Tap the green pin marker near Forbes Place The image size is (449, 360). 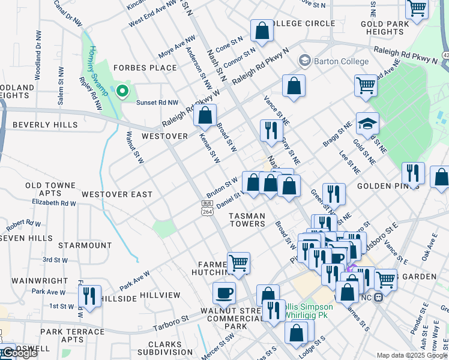pyautogui.click(x=122, y=92)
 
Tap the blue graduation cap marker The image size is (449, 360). pyautogui.click(x=367, y=124)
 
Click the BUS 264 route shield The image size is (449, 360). pyautogui.click(x=206, y=207)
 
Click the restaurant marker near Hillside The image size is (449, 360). pyautogui.click(x=89, y=296)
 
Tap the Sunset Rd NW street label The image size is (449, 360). pyautogui.click(x=157, y=103)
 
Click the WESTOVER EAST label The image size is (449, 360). pyautogui.click(x=117, y=194)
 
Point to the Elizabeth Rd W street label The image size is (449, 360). pyautogui.click(x=54, y=203)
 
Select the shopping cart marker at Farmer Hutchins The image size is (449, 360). pyautogui.click(x=238, y=263)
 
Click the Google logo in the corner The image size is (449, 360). pyautogui.click(x=19, y=353)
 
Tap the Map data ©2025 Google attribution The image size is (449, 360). pyautogui.click(x=412, y=355)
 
